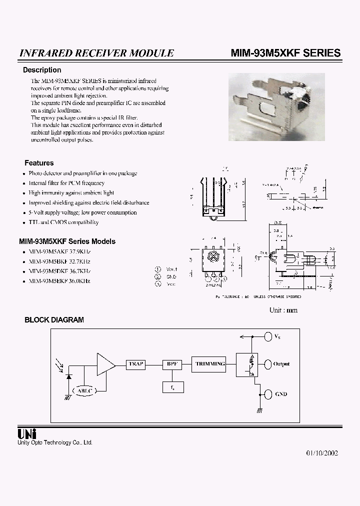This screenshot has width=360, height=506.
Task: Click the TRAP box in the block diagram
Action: tap(136, 364)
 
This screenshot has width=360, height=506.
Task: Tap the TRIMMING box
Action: tap(210, 364)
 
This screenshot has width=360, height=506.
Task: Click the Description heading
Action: tap(42, 70)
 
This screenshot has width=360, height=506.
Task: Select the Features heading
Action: tap(39, 163)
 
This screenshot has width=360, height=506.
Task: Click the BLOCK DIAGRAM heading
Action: tap(54, 319)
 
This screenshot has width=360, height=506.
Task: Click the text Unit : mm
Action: tap(283, 310)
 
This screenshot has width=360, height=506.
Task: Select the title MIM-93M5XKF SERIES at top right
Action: tap(286, 53)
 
